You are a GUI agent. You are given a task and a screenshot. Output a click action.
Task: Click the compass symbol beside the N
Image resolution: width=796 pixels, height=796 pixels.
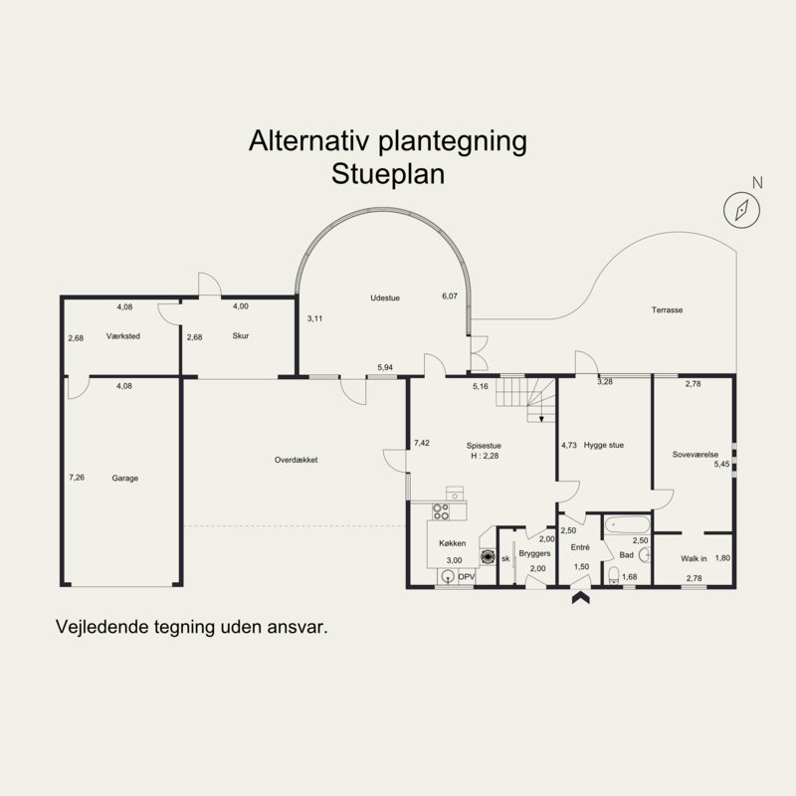pyautogui.click(x=742, y=209)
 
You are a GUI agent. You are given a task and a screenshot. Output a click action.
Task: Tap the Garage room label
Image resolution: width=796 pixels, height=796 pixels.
pyautogui.click(x=125, y=479)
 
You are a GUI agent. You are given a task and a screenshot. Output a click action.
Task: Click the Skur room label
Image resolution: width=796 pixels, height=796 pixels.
pyautogui.click(x=240, y=336)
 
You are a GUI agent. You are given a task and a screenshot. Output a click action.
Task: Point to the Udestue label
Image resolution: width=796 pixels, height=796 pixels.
pyautogui.click(x=384, y=298)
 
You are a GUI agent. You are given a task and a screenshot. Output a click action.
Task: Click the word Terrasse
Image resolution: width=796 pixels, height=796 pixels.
pyautogui.click(x=667, y=310)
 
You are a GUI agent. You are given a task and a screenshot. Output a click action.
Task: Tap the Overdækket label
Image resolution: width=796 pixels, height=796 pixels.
pyautogui.click(x=296, y=460)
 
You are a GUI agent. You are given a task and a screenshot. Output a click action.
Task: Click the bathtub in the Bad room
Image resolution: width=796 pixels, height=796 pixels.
pyautogui.click(x=627, y=524)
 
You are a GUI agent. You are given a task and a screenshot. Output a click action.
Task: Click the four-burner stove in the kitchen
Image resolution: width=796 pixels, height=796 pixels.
pyautogui.click(x=441, y=512)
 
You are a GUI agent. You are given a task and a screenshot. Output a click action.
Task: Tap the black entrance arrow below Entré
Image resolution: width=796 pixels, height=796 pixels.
pyautogui.click(x=579, y=598)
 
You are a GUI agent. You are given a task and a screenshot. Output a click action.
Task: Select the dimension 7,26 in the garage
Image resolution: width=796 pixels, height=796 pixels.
pyautogui.click(x=77, y=479)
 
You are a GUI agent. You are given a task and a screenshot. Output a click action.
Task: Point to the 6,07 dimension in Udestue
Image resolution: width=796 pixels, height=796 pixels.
pyautogui.click(x=450, y=297)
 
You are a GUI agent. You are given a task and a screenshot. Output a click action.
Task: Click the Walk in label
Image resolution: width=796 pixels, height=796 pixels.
pyautogui.click(x=694, y=559)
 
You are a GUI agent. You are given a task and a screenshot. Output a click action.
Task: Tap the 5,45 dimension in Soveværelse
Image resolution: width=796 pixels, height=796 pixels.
pyautogui.click(x=722, y=464)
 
